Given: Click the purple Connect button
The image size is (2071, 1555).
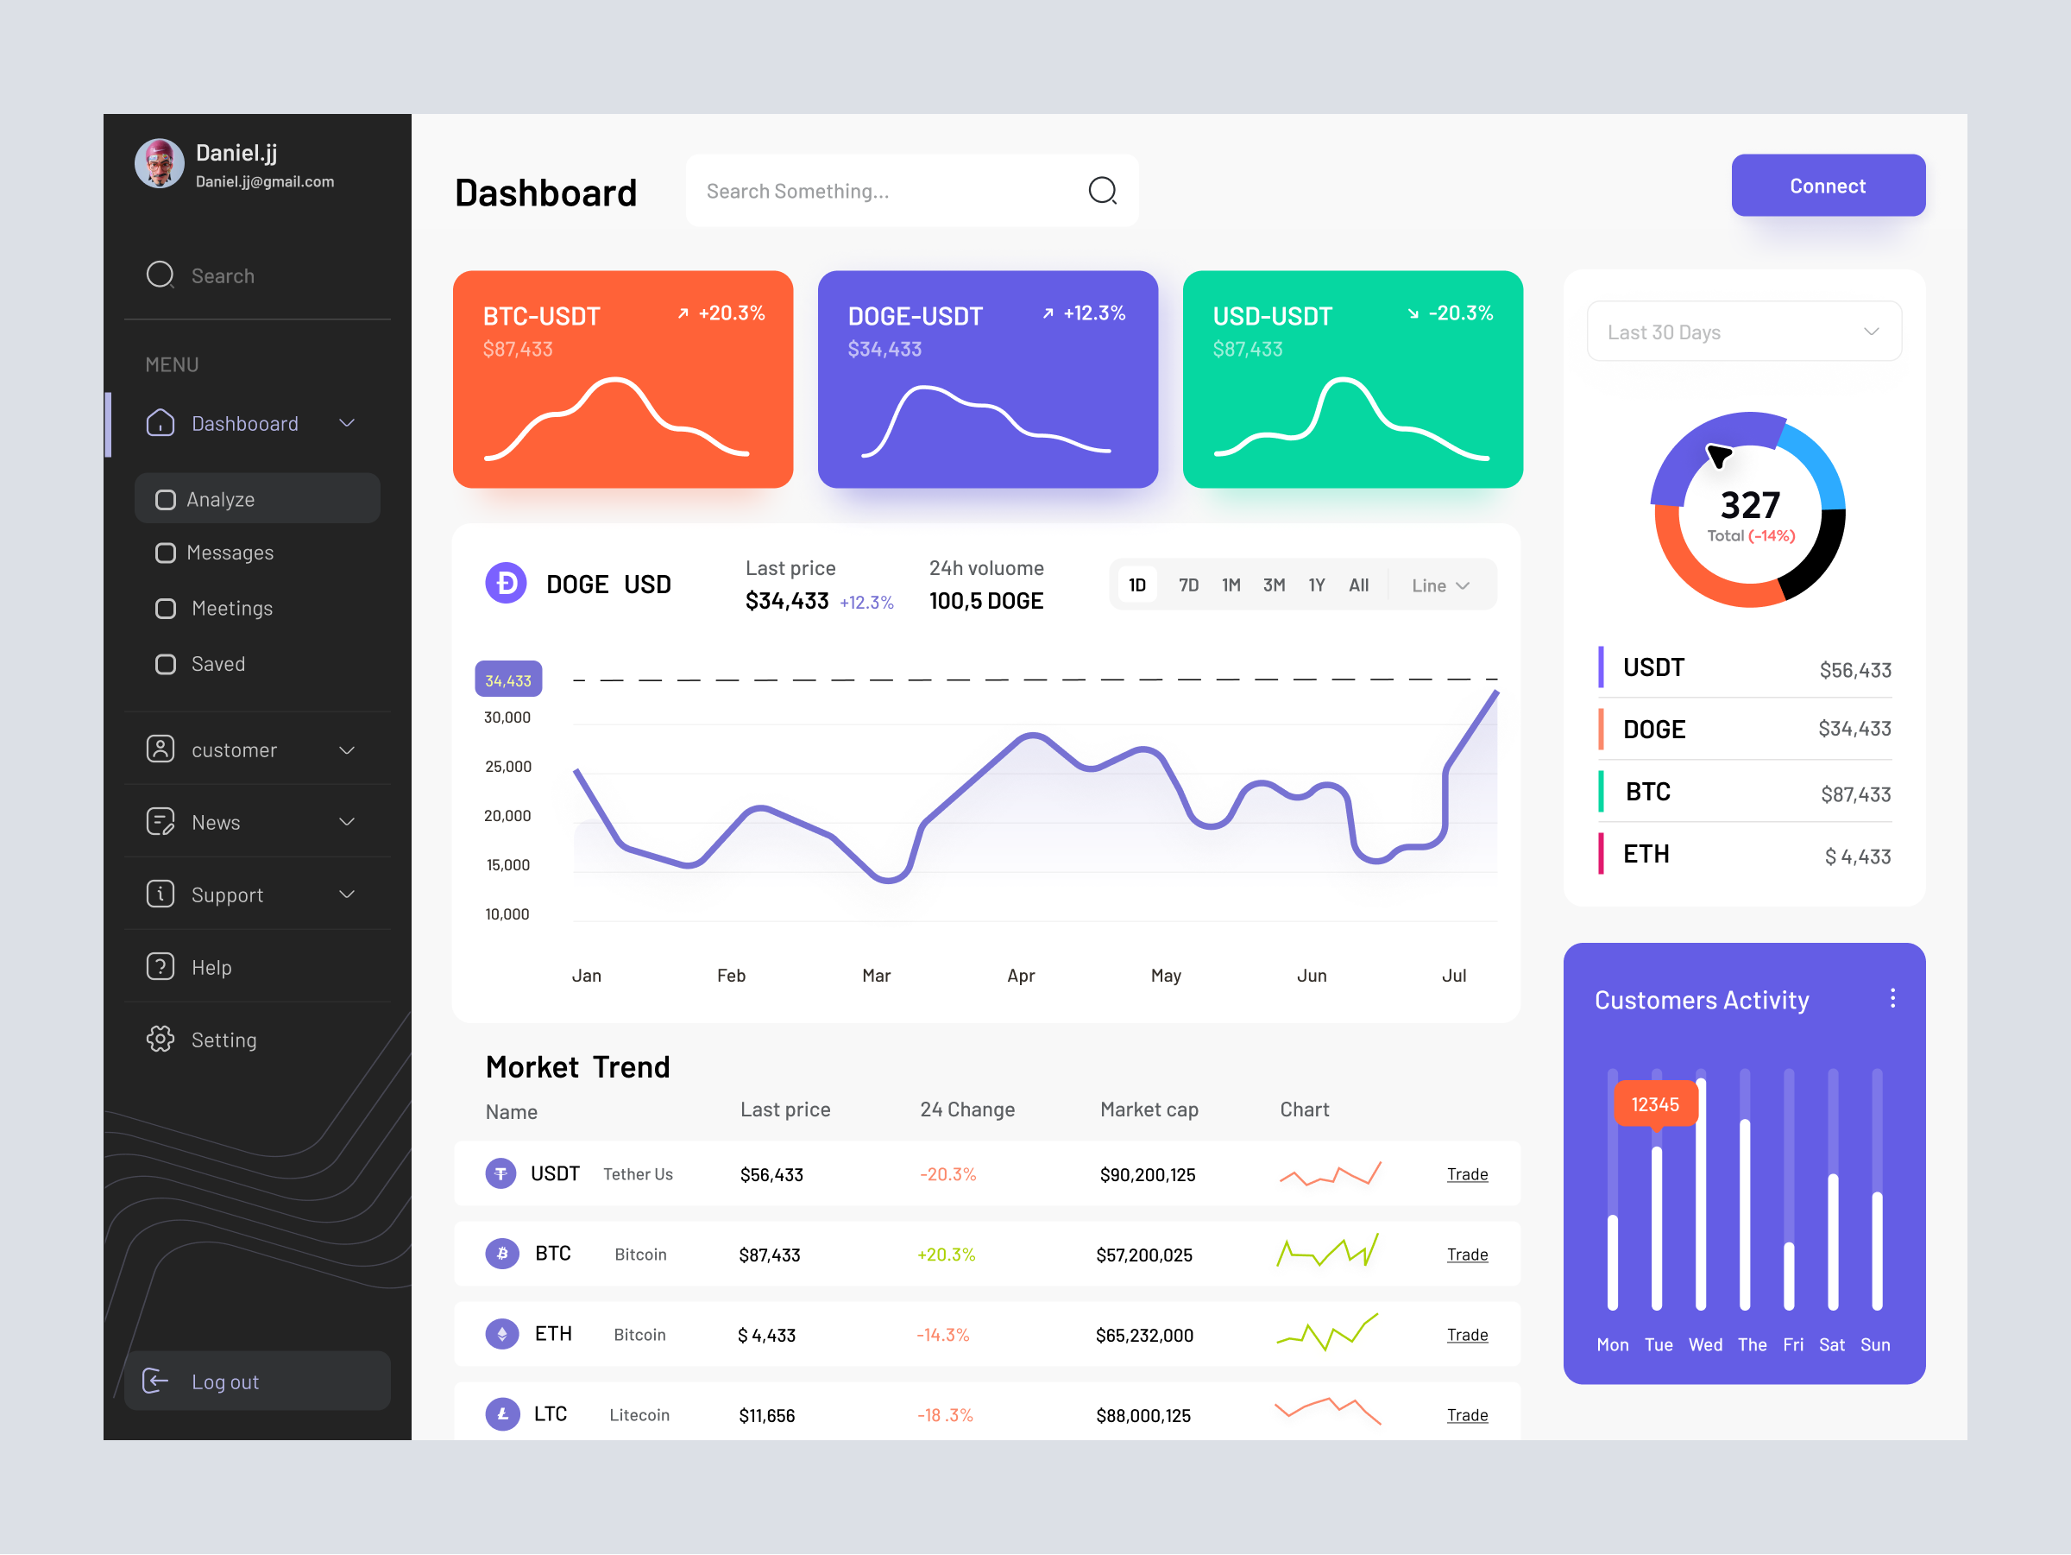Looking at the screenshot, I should pos(1827,186).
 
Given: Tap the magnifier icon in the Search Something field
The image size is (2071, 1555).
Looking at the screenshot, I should pos(1102,191).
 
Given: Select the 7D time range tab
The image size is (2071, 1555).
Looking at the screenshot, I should pos(1188,585).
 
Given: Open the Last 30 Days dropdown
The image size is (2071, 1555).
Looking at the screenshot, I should pos(1743,332).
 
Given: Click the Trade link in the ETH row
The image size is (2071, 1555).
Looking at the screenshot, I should pos(1466,1334).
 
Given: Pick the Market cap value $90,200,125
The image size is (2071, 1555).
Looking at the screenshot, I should pos(1147,1175).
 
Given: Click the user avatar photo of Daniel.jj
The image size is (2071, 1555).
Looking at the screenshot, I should pos(159,164).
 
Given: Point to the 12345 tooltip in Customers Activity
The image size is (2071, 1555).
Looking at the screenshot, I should pos(1654,1104).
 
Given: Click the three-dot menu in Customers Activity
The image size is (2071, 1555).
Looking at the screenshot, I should pos(1892,999).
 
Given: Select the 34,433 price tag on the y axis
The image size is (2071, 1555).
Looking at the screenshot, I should pos(507,680).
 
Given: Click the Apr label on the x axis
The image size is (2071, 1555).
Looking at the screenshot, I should pos(1021,975).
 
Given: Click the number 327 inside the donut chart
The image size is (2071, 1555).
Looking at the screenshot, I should pos(1749,506).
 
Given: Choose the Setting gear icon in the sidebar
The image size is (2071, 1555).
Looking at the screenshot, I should pos(161,1039).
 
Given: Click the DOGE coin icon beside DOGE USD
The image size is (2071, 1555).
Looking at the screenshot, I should pos(506,584).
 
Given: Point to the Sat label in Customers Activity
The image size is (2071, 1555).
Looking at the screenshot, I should pos(1831,1344).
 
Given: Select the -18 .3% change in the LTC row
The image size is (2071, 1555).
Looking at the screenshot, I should pos(945,1414).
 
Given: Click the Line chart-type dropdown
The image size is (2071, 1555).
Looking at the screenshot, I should pos(1440,585).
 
